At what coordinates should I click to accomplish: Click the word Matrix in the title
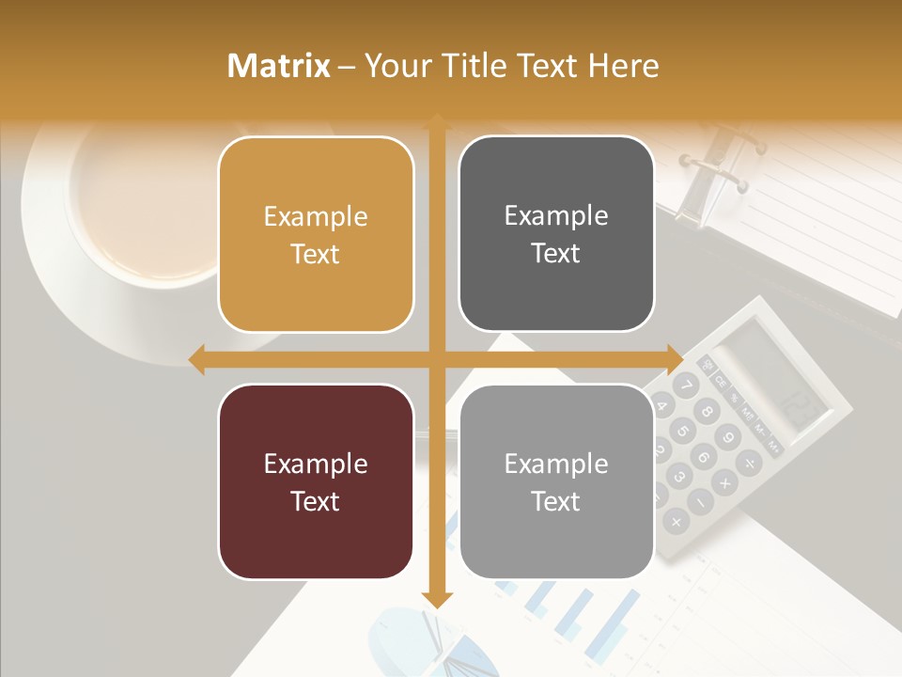tap(279, 66)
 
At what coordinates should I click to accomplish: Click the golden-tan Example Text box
tap(316, 234)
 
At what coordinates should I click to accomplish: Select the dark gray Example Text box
tap(556, 234)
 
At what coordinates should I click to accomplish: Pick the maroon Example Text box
tap(316, 481)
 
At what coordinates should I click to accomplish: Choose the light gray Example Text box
tap(556, 481)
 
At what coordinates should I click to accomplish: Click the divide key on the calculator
tap(749, 462)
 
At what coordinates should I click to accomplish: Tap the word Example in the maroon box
tap(316, 464)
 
